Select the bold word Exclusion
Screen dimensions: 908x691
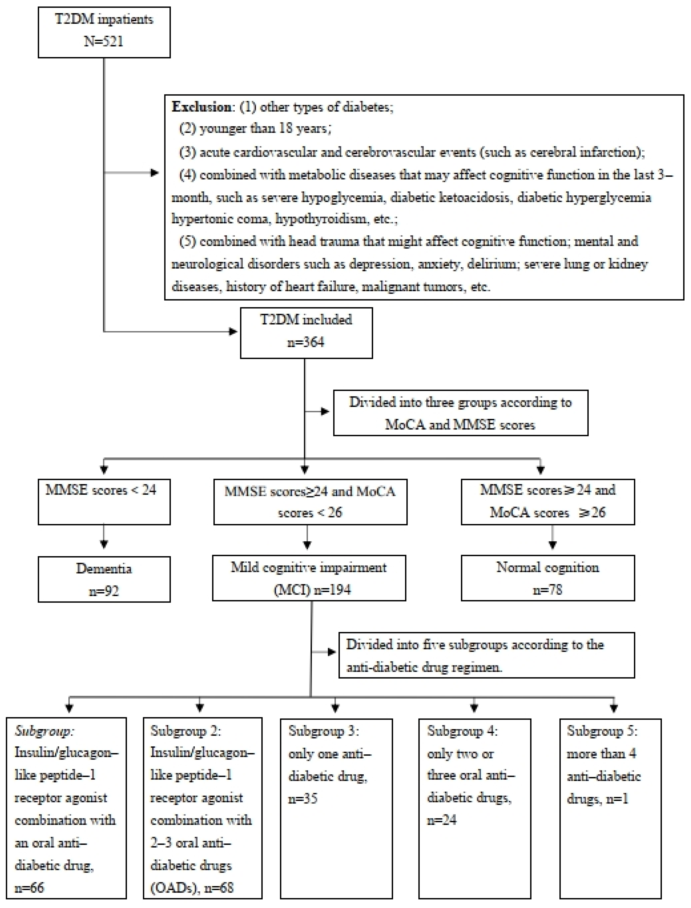pyautogui.click(x=202, y=107)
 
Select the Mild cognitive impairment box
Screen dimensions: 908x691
pyautogui.click(x=309, y=578)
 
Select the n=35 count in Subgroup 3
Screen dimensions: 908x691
pyautogui.click(x=303, y=799)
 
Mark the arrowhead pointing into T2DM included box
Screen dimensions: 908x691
pyautogui.click(x=233, y=331)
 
